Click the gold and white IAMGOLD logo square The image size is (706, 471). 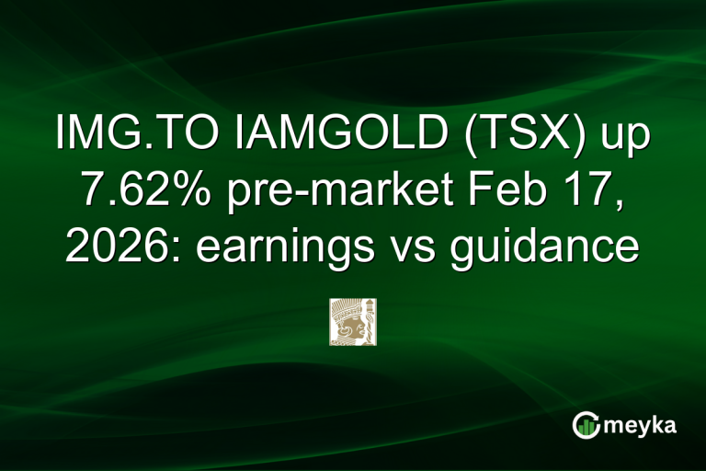click(x=353, y=321)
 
